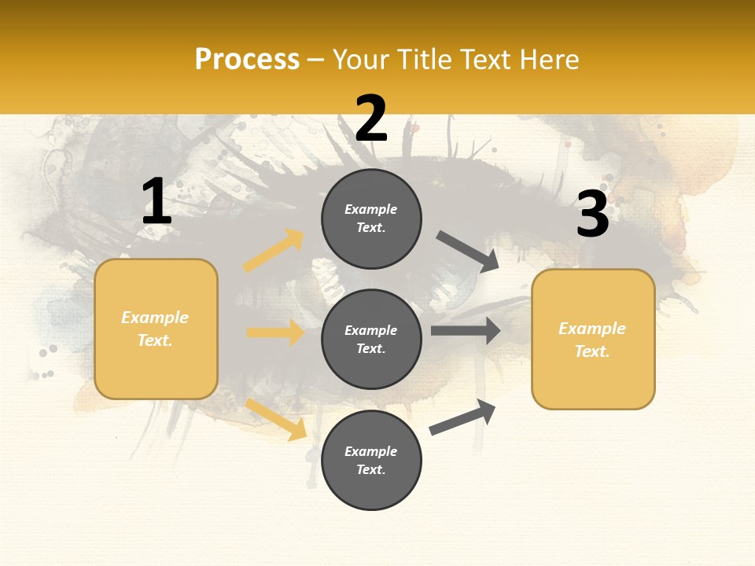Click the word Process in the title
point(247,60)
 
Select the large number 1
point(157,202)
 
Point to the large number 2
point(371,119)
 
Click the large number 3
point(592,215)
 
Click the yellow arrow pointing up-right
point(274,251)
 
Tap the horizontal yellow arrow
point(275,333)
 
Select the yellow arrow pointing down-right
point(276,418)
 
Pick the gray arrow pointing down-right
point(467,251)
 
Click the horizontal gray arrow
point(466,330)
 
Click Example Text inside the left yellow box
point(155,329)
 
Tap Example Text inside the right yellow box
point(592,340)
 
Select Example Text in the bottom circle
point(371,460)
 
